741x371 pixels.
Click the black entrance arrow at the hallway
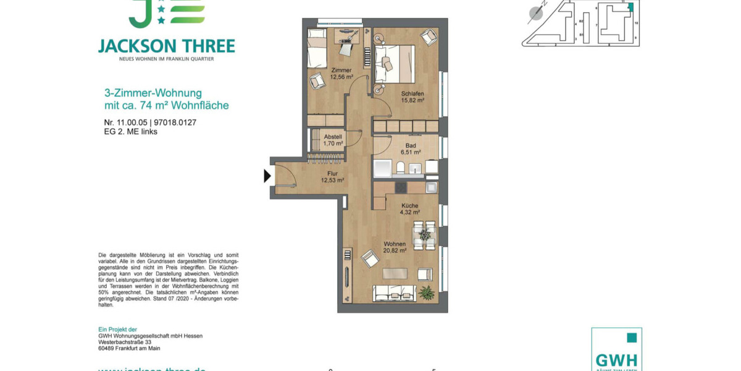click(267, 176)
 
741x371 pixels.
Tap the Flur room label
click(332, 174)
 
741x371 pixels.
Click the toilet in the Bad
click(400, 168)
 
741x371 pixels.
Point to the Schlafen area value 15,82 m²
click(412, 100)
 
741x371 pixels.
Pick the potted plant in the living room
click(426, 292)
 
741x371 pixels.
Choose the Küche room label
click(409, 206)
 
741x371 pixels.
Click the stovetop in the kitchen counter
click(401, 187)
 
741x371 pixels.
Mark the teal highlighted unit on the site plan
click(631, 7)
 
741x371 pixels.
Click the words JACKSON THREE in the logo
click(166, 46)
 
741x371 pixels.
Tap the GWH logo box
click(616, 350)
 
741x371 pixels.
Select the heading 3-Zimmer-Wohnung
click(153, 93)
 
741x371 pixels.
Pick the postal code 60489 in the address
click(109, 348)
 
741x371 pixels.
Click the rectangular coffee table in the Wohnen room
click(395, 273)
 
